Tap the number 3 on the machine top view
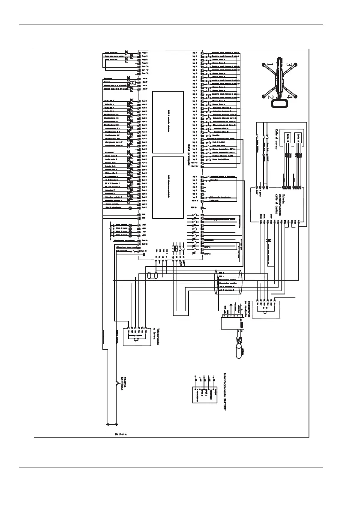coord(290,64)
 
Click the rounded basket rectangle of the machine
coord(280,103)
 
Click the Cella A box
coord(301,138)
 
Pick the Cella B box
coord(288,138)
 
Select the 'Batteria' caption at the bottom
coord(120,434)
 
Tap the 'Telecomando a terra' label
coord(159,336)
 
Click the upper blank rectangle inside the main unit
coord(168,122)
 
